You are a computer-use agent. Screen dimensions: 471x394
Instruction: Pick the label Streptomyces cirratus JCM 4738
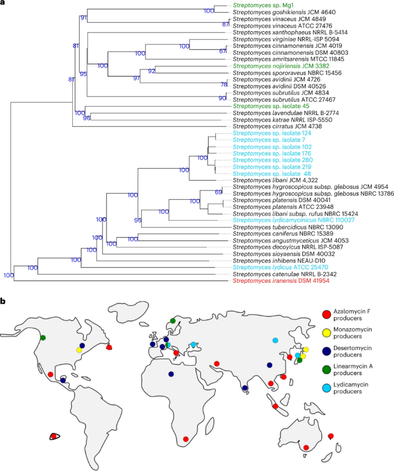[x=268, y=126]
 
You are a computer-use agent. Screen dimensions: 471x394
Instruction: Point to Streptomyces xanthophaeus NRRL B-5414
[x=284, y=32]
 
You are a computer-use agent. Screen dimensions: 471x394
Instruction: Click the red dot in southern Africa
[x=185, y=439]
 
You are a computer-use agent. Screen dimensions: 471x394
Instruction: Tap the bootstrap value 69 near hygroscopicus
[x=218, y=192]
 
